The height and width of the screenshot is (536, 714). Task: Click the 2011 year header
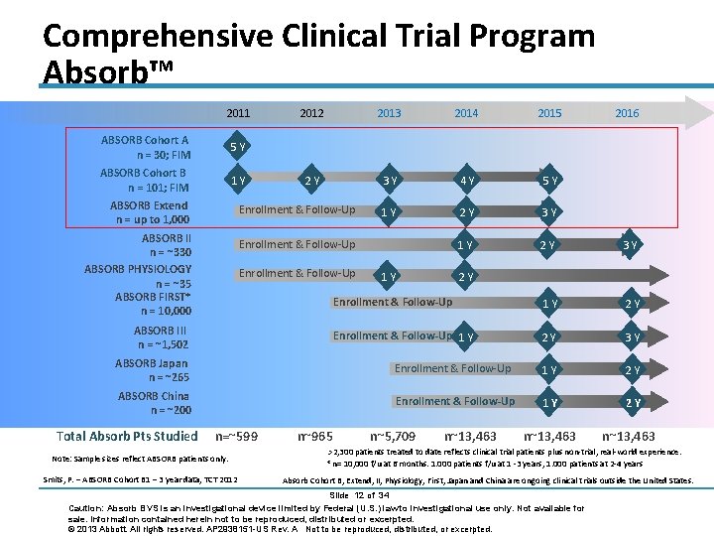[x=238, y=113]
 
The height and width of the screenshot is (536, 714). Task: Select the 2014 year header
[x=466, y=113]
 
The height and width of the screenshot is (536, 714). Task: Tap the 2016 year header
[x=627, y=113]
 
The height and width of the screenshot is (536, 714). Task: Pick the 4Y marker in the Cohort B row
[x=466, y=181]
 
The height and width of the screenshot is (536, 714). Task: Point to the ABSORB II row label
[x=166, y=245]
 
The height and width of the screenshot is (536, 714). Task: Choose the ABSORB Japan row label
[x=151, y=370]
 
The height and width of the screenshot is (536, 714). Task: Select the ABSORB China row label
[x=153, y=403]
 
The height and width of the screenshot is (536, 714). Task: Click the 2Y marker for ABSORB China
[x=631, y=402]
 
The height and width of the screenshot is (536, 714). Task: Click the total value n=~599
[x=237, y=436]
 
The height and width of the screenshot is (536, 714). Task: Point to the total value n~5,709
[x=393, y=436]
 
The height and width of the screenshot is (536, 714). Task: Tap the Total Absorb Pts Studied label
[x=128, y=436]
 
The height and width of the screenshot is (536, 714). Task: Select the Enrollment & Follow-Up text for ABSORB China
[x=454, y=401]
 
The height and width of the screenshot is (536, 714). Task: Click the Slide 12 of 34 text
[x=360, y=495]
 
